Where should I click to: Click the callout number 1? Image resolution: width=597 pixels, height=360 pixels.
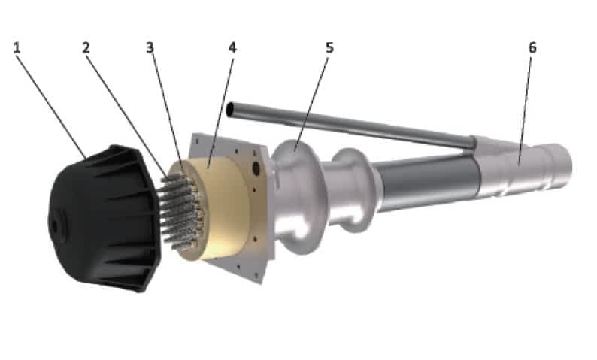(x=17, y=48)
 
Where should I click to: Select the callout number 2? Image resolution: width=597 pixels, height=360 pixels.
(x=86, y=48)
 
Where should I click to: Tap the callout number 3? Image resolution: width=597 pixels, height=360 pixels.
(x=150, y=48)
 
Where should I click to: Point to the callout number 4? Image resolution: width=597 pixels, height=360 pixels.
(x=232, y=48)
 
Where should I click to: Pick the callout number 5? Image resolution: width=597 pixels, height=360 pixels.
(x=329, y=48)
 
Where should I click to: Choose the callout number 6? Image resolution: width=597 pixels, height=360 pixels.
(x=532, y=48)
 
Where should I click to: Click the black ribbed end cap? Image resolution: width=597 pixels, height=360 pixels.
(x=104, y=218)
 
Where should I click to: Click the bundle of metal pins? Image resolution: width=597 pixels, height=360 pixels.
(x=180, y=211)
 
